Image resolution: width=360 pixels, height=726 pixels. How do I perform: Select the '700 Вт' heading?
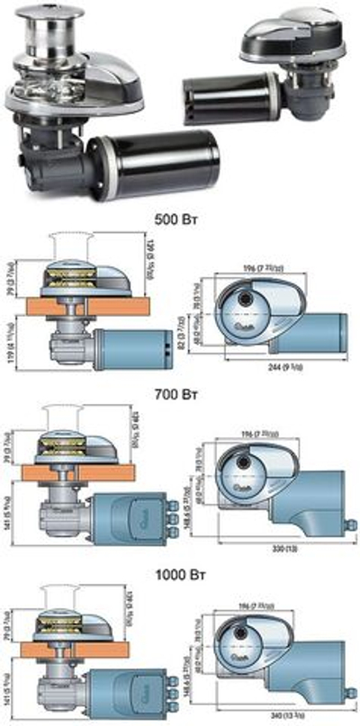tap(180, 392)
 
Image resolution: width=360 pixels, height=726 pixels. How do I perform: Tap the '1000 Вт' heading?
tap(180, 570)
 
